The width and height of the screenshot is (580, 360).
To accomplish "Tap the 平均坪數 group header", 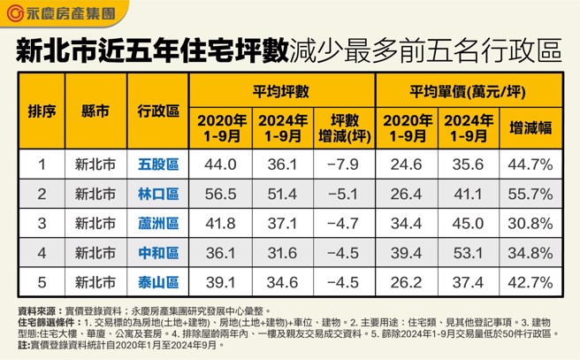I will pos(280,91).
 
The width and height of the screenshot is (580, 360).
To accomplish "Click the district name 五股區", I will pos(158,165).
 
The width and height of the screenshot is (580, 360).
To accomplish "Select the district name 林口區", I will pos(158,194).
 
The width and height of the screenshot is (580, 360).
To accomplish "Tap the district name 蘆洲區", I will pos(158,224).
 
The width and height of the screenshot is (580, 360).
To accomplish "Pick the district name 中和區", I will pos(158,253).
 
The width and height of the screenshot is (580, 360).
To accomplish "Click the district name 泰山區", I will pos(158,282).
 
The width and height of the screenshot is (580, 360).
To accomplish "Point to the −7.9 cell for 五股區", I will pos(341,165).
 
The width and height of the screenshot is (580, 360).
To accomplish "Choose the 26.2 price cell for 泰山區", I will pos(406,282).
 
